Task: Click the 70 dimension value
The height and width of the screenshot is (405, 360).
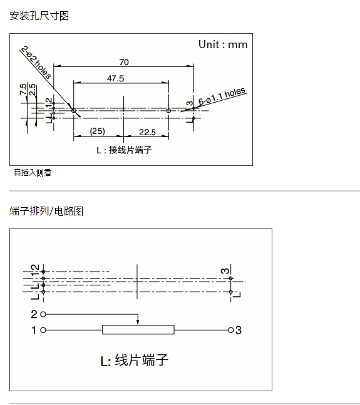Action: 124,62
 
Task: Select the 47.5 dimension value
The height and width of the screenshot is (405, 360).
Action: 115,78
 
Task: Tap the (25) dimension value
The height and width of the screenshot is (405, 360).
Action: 98,131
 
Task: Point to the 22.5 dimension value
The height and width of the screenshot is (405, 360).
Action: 148,132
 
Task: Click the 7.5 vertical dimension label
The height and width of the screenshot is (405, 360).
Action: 23,89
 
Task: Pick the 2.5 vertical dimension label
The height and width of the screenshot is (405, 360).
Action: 33,90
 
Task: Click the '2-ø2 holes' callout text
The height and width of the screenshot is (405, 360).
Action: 36,62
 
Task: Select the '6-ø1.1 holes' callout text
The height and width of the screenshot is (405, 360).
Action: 222,96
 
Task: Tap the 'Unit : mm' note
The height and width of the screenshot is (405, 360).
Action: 223,44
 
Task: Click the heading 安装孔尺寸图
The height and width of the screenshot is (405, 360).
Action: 39,16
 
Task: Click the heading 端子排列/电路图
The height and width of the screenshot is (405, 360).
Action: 46,211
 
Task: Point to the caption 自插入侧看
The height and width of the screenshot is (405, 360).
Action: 33,172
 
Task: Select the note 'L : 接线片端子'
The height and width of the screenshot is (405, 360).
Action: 124,150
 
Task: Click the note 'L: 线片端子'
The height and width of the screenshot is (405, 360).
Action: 134,360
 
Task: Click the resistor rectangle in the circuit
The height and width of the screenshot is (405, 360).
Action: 138,330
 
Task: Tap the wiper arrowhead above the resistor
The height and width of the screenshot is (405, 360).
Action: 138,322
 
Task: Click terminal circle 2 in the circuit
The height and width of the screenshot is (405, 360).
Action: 43,314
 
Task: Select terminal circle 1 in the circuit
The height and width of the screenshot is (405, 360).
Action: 43,330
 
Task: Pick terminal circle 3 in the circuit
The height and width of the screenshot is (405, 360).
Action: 231,330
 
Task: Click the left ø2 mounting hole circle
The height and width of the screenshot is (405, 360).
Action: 74,111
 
